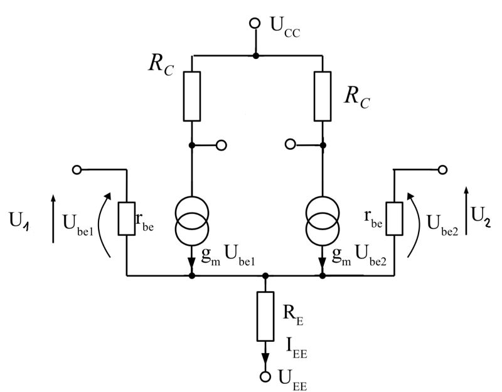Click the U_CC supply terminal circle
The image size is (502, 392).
255,23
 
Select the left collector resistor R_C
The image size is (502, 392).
192,95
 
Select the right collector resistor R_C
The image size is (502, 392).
323,95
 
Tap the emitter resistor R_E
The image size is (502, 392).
265,316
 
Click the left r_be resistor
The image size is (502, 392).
127,217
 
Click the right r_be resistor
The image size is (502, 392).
393,217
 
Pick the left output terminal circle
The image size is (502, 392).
220,145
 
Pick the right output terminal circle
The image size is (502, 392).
289,144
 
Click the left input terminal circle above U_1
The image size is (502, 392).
77,169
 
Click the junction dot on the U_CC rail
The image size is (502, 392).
255,55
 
